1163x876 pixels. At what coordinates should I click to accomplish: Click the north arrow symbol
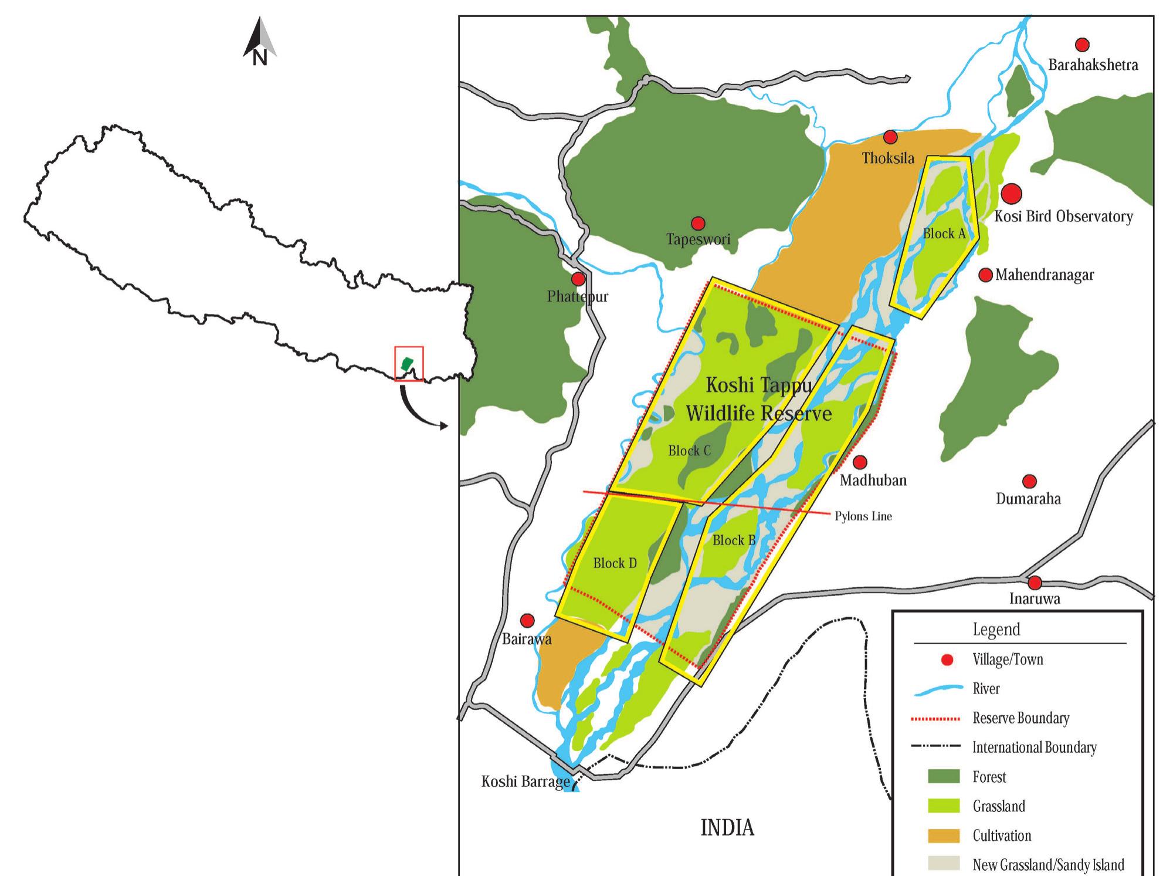coord(260,41)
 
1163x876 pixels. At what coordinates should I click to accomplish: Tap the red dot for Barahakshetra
coord(1082,45)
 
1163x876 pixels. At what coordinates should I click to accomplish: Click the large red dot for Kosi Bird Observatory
coord(1011,193)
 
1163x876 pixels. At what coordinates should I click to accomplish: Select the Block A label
coord(944,234)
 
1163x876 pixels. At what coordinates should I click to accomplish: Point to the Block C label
coord(689,451)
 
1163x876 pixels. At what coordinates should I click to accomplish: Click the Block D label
coord(614,563)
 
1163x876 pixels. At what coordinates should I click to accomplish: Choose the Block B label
coord(734,540)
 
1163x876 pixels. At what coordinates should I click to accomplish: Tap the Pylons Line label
coord(863,516)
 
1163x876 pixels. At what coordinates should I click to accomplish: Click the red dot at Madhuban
coord(860,462)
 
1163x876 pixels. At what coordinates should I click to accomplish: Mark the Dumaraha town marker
coord(1029,481)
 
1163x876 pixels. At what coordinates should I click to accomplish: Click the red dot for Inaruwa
coord(1035,583)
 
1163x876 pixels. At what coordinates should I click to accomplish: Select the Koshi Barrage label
coord(525,782)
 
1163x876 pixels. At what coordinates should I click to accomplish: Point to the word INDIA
coord(727,828)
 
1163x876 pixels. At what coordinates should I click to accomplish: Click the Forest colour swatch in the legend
coord(944,777)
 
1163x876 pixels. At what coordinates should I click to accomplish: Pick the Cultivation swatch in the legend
coord(944,836)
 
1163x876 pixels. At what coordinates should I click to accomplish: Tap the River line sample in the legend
coord(938,689)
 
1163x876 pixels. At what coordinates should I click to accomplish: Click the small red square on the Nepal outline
coord(409,364)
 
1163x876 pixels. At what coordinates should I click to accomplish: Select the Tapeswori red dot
coord(697,224)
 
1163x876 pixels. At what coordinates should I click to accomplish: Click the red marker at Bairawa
coord(527,620)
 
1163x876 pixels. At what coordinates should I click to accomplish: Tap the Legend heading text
coord(996,630)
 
